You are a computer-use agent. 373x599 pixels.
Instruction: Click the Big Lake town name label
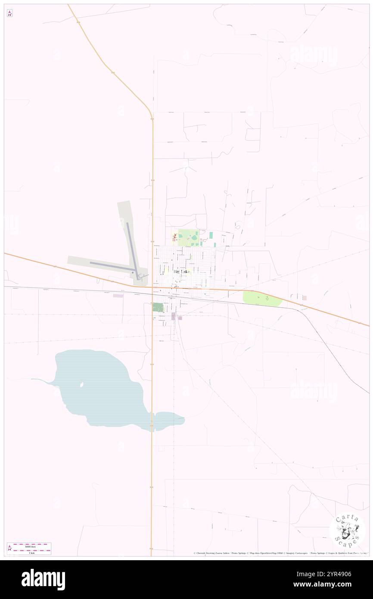(181, 271)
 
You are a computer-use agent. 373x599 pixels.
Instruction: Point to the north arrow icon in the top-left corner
(9, 13)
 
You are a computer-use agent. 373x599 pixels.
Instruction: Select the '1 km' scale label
(29, 552)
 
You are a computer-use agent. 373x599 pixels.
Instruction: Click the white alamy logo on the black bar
(43, 580)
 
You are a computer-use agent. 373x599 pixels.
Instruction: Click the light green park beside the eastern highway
(261, 298)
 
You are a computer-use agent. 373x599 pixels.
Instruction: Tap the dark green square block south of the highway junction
(158, 307)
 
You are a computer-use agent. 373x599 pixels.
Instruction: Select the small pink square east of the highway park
(305, 298)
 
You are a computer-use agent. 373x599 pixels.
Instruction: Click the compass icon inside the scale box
(10, 549)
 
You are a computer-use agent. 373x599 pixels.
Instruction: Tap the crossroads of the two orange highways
(152, 287)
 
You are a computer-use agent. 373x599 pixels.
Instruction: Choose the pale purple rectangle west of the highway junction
(118, 296)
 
